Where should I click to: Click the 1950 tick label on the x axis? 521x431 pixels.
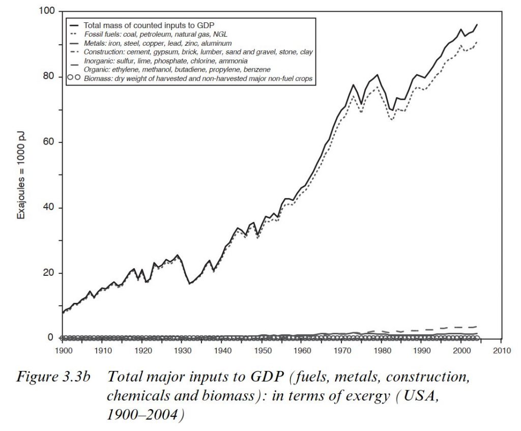click(x=262, y=351)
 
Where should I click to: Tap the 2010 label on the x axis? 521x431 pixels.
click(x=501, y=351)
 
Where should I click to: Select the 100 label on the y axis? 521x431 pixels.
click(x=48, y=11)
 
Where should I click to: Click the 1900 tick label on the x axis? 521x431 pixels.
click(x=63, y=351)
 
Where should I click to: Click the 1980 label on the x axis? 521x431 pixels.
click(x=382, y=351)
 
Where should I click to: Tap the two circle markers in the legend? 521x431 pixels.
click(x=74, y=78)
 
